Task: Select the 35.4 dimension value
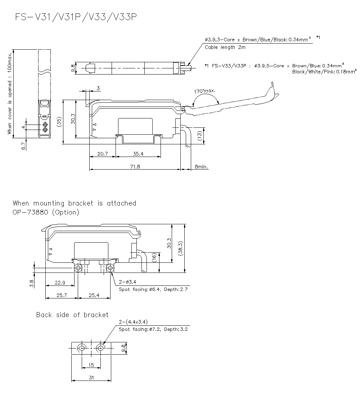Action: pyautogui.click(x=138, y=154)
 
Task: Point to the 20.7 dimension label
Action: pyautogui.click(x=102, y=154)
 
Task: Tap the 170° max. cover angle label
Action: pyautogui.click(x=205, y=91)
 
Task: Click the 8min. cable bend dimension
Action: pyautogui.click(x=201, y=167)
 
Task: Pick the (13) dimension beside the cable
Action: pyautogui.click(x=199, y=136)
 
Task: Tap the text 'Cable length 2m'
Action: pyautogui.click(x=225, y=47)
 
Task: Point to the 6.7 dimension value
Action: pyautogui.click(x=23, y=146)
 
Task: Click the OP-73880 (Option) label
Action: pyautogui.click(x=46, y=212)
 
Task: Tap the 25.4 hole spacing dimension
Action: pyautogui.click(x=94, y=295)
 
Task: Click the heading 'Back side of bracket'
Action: pyautogui.click(x=72, y=315)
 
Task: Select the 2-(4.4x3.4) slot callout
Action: pyautogui.click(x=133, y=322)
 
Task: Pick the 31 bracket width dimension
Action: pyautogui.click(x=91, y=377)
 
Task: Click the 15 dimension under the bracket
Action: pyautogui.click(x=91, y=365)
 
